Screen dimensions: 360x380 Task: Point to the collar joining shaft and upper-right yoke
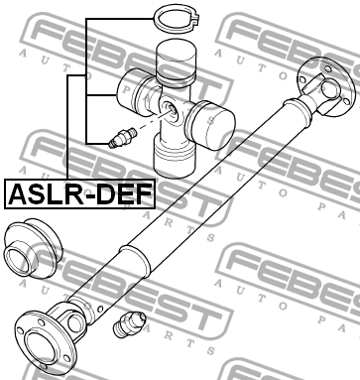300,109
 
